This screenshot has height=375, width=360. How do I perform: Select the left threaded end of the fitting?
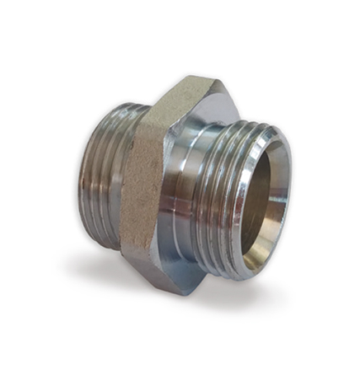click(x=105, y=174)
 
